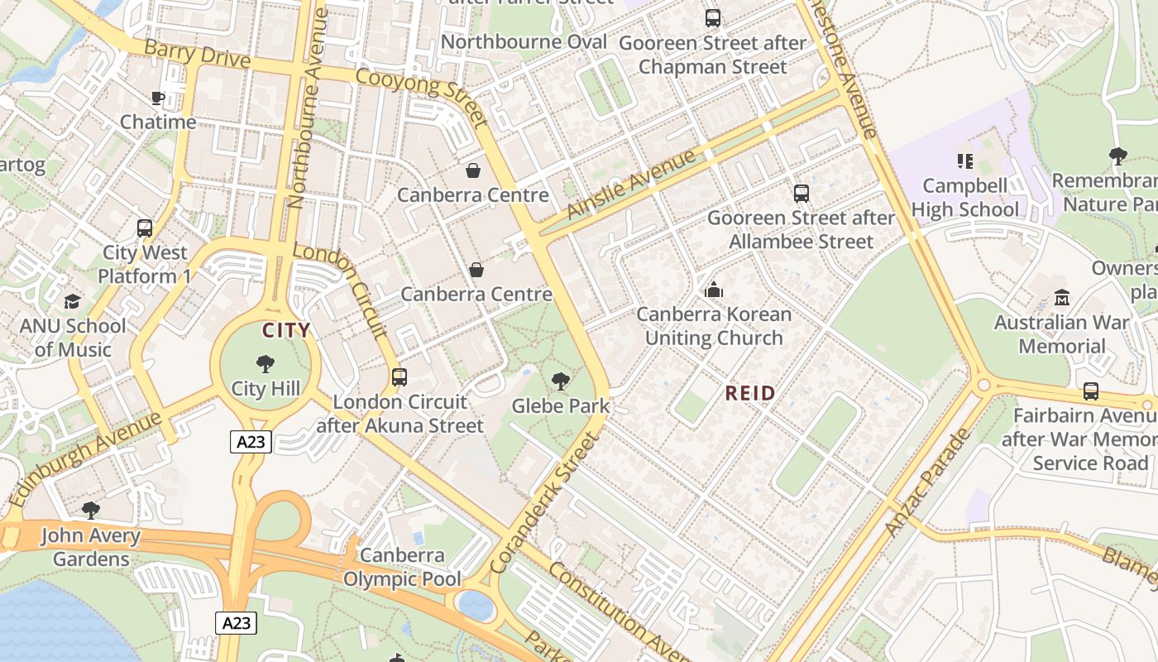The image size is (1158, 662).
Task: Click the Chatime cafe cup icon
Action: [157, 98]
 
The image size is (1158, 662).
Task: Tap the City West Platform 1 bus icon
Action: [145, 228]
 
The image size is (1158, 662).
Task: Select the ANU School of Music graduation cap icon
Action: [73, 302]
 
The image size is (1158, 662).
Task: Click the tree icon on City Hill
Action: [265, 363]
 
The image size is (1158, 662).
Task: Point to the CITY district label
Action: [286, 330]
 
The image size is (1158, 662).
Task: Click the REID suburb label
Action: [750, 393]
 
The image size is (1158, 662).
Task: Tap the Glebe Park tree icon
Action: [561, 381]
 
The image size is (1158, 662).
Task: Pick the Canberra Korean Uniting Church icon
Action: [714, 290]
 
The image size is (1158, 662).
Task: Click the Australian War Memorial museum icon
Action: [1062, 297]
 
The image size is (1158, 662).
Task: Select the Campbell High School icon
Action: [964, 161]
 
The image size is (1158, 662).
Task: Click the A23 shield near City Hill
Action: [251, 442]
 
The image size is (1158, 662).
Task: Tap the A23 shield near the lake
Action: [236, 623]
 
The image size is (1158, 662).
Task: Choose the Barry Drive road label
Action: [197, 54]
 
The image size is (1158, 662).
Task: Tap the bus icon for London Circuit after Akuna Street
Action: [400, 377]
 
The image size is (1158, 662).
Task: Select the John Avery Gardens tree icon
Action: [91, 510]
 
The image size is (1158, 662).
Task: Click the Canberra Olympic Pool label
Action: [402, 567]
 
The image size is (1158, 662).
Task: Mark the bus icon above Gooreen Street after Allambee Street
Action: [801, 194]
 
